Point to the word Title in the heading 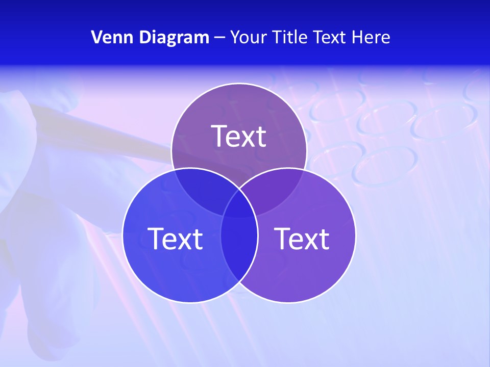(289, 37)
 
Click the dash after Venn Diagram (219, 38)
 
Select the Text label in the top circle (239, 136)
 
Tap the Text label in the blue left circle (175, 238)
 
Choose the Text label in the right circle (302, 238)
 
